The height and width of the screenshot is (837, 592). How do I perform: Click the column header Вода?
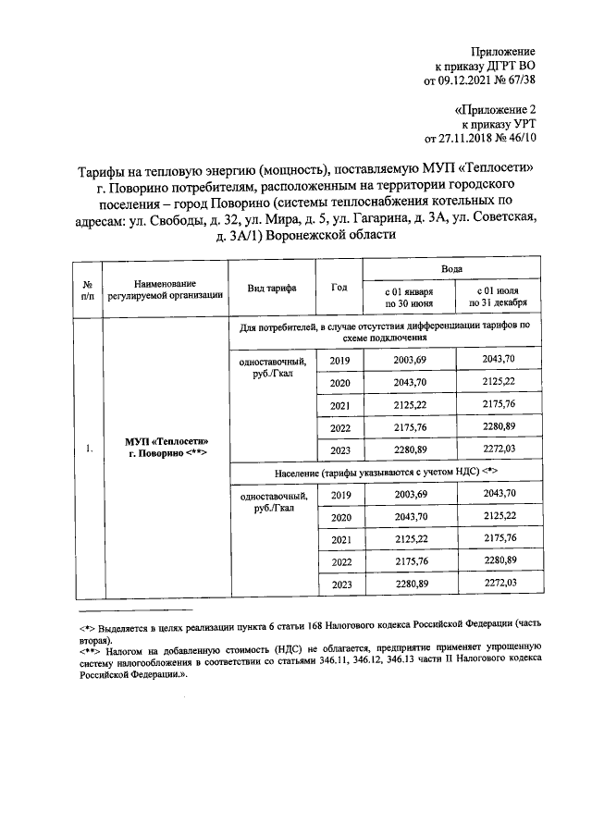click(451, 267)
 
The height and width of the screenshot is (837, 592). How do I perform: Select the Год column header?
click(339, 288)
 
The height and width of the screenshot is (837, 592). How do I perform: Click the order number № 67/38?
click(519, 80)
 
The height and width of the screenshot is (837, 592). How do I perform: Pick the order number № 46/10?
click(519, 138)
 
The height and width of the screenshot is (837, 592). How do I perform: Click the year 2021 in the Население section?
click(340, 539)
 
